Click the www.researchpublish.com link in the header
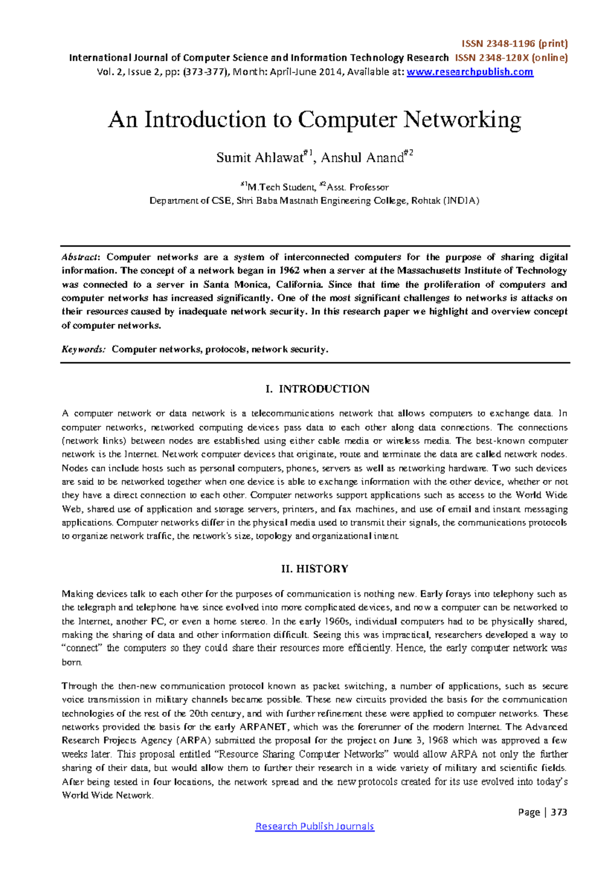[x=469, y=72]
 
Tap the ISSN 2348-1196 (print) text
[x=515, y=44]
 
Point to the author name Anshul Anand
[x=362, y=157]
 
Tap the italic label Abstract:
[x=82, y=257]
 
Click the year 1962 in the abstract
[x=291, y=271]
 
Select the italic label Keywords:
[x=84, y=349]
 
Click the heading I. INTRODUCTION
[x=317, y=389]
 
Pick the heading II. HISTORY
[x=315, y=569]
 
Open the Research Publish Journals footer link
[x=315, y=826]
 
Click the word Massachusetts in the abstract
[x=429, y=271]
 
